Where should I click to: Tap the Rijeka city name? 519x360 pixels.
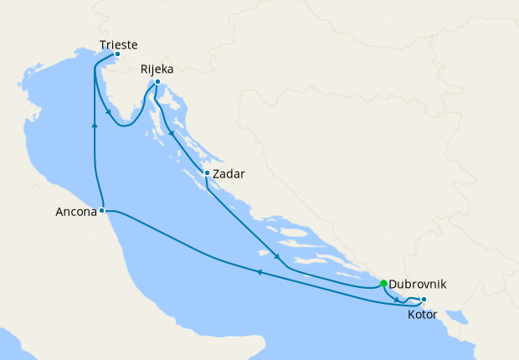[157, 69]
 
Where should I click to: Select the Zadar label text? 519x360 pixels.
[229, 174]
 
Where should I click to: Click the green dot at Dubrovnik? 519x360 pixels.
[383, 283]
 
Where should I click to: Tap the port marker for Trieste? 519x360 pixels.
[117, 54]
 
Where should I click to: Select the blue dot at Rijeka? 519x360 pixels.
[157, 81]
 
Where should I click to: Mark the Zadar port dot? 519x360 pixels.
[207, 173]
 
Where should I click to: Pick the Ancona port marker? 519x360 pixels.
[101, 211]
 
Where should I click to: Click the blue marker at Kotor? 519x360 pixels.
[424, 300]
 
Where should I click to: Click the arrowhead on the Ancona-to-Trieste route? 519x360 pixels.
[95, 124]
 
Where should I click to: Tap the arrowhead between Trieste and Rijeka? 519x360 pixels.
[109, 113]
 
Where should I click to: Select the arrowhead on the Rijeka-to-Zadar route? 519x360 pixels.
[172, 133]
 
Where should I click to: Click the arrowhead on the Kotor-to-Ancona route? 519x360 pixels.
[259, 272]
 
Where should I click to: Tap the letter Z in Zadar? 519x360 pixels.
[218, 174]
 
